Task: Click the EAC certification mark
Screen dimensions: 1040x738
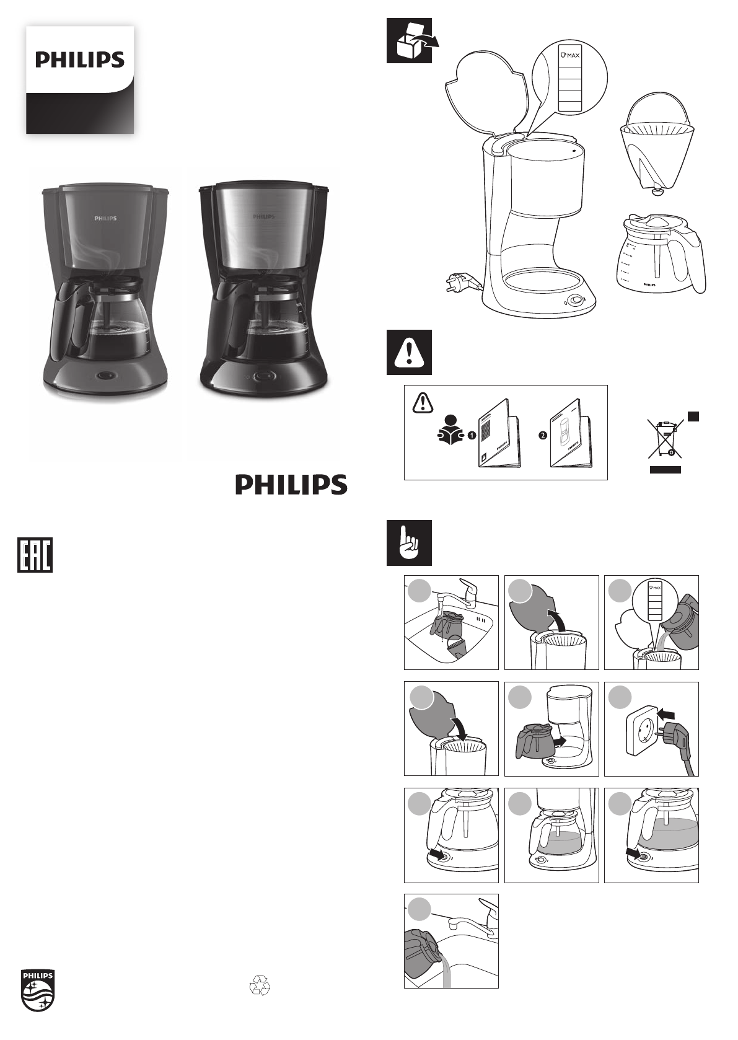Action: point(34,554)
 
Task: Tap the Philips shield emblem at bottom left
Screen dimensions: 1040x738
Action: point(38,990)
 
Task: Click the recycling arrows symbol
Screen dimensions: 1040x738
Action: point(259,985)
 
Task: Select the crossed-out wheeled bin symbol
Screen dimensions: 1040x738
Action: point(665,441)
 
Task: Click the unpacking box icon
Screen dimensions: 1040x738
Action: point(409,41)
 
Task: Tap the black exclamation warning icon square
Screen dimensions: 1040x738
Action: point(409,352)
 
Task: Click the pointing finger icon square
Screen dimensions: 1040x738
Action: point(409,543)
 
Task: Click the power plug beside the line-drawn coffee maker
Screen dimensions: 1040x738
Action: point(459,284)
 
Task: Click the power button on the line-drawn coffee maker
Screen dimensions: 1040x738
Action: point(577,301)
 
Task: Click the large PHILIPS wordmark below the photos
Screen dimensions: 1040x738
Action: point(291,485)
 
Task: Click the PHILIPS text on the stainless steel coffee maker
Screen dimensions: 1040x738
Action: point(263,217)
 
